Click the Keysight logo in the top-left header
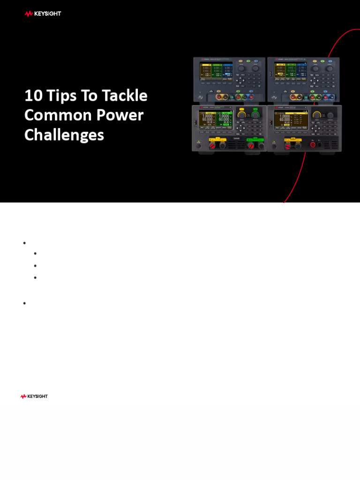(x=43, y=14)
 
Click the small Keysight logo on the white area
(x=34, y=397)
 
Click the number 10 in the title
(x=33, y=96)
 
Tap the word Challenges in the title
(x=64, y=135)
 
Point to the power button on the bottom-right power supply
(x=273, y=145)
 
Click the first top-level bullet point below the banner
(x=24, y=243)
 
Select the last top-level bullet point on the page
(x=24, y=303)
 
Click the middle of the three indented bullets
(x=36, y=265)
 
